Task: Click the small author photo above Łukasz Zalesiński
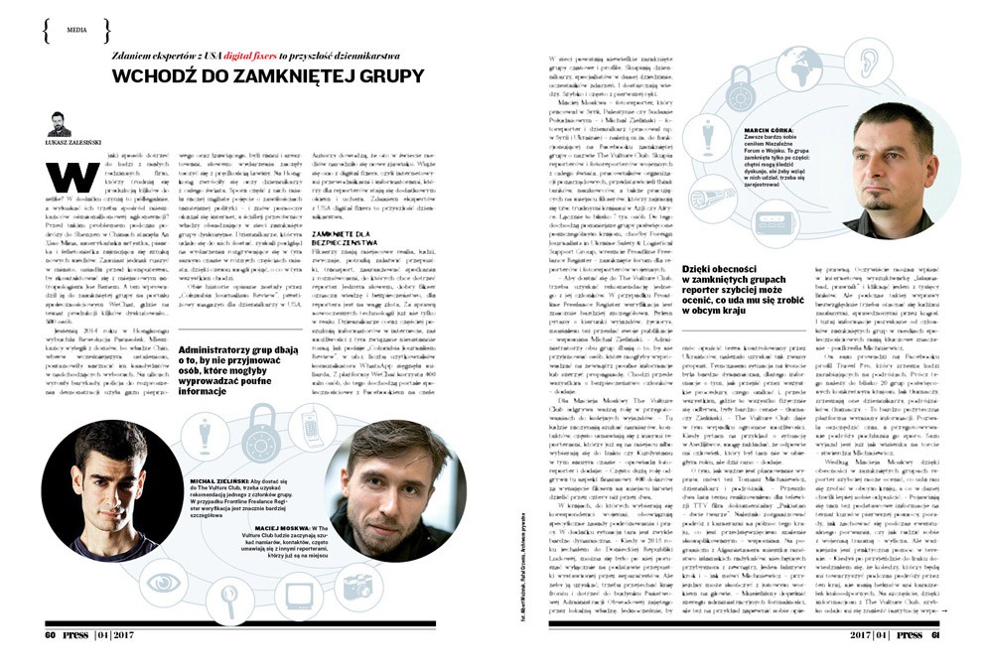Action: pos(59,122)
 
